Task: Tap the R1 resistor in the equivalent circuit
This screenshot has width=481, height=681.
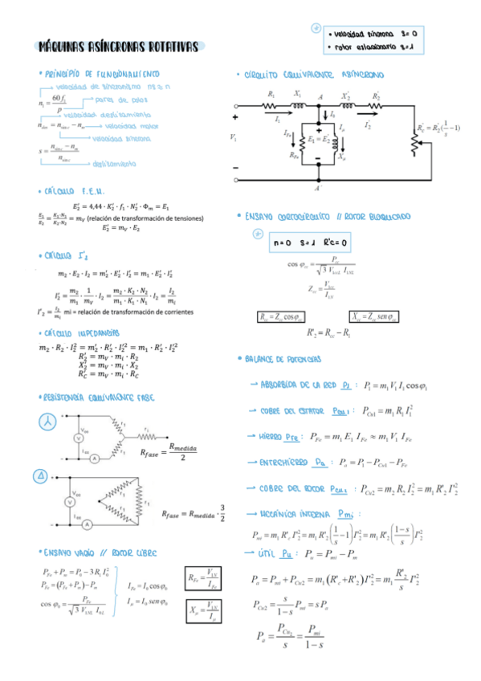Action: (x=271, y=104)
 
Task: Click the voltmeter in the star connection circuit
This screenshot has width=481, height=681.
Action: (x=79, y=438)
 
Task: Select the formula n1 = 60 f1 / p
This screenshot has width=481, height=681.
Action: (x=53, y=104)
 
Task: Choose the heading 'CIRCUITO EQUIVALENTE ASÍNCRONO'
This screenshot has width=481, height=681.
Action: (x=312, y=75)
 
